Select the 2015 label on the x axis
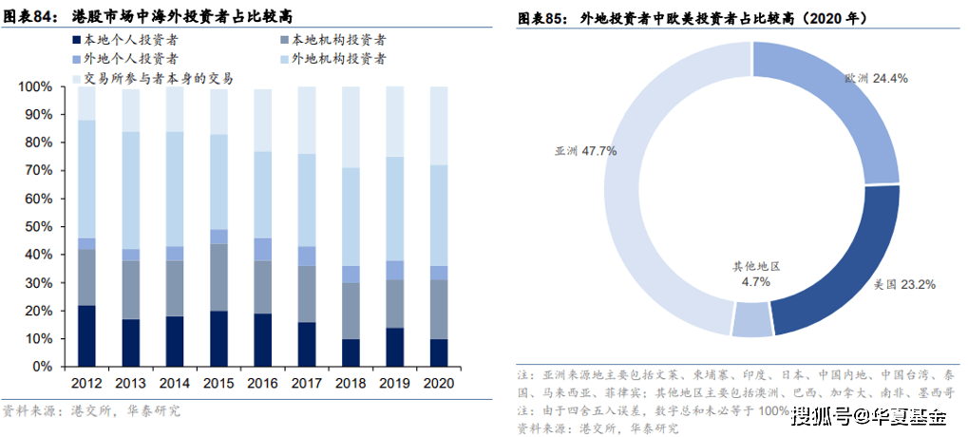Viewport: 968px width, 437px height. [218, 382]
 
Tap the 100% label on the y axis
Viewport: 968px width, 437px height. [33, 86]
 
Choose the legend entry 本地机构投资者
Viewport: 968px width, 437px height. [337, 40]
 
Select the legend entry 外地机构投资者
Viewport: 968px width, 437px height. [337, 59]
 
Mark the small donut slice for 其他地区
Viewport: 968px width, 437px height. [751, 320]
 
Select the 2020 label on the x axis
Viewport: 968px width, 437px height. [439, 382]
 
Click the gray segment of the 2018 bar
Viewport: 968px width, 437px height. [351, 310]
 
